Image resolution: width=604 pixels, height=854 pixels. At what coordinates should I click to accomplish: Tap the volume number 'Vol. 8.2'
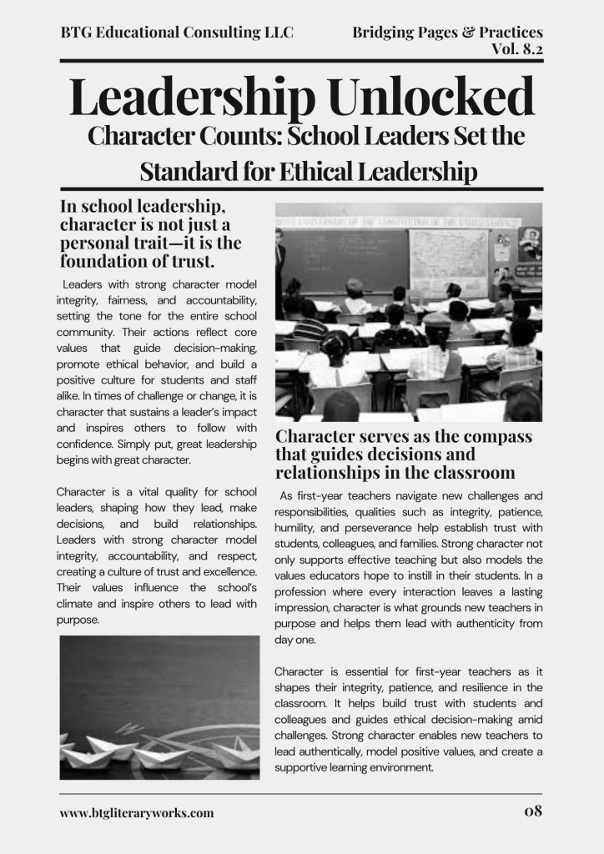517,49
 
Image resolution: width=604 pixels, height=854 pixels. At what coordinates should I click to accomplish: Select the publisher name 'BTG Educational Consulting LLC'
177,33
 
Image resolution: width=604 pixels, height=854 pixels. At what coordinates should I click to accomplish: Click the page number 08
533,810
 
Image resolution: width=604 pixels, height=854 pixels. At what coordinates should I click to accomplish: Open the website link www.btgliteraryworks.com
137,811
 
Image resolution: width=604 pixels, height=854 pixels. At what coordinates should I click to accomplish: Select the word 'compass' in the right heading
493,437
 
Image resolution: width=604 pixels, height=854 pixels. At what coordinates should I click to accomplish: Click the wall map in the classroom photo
448,259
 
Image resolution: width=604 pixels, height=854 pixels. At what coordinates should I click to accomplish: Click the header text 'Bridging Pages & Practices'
448,33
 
